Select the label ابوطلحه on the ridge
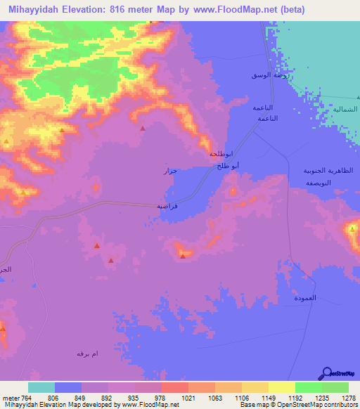click(220, 154)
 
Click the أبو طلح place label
click(229, 166)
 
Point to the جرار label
click(171, 171)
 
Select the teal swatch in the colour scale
click(41, 387)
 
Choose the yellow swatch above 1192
click(281, 387)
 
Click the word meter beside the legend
click(10, 397)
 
